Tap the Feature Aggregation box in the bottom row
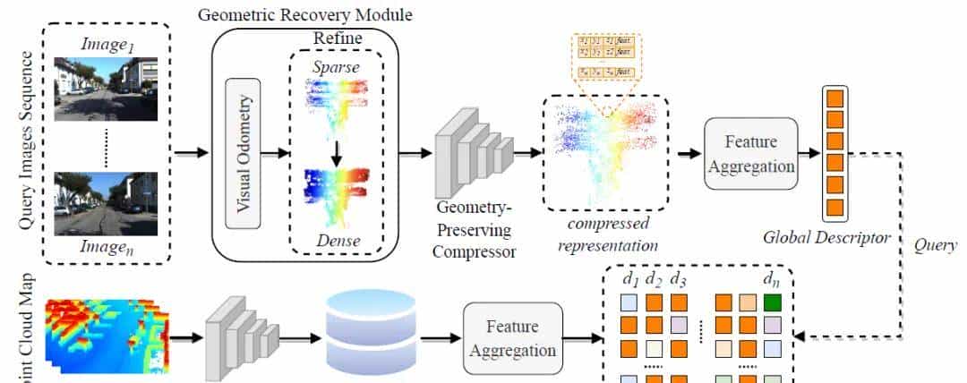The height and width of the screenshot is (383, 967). click(x=513, y=336)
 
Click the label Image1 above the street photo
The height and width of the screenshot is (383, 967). click(x=107, y=45)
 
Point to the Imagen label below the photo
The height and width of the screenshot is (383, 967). click(x=107, y=248)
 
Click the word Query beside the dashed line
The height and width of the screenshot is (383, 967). click(x=935, y=244)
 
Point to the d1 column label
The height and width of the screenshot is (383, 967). click(x=629, y=279)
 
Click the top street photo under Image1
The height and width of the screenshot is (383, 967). click(x=107, y=89)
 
